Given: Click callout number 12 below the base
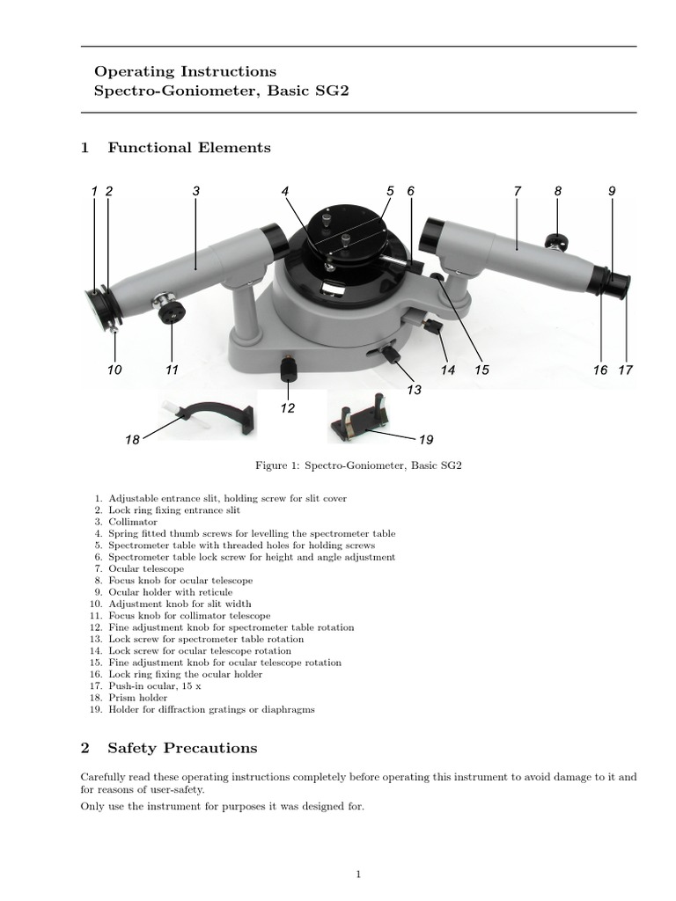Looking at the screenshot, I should pos(288,408).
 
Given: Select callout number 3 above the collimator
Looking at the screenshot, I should pos(195,191).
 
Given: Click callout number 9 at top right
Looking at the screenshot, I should pos(611,191).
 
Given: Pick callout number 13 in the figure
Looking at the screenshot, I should pos(415,390).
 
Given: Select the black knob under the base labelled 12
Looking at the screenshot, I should pos(287,371).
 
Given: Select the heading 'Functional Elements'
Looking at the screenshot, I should pos(189,148).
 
